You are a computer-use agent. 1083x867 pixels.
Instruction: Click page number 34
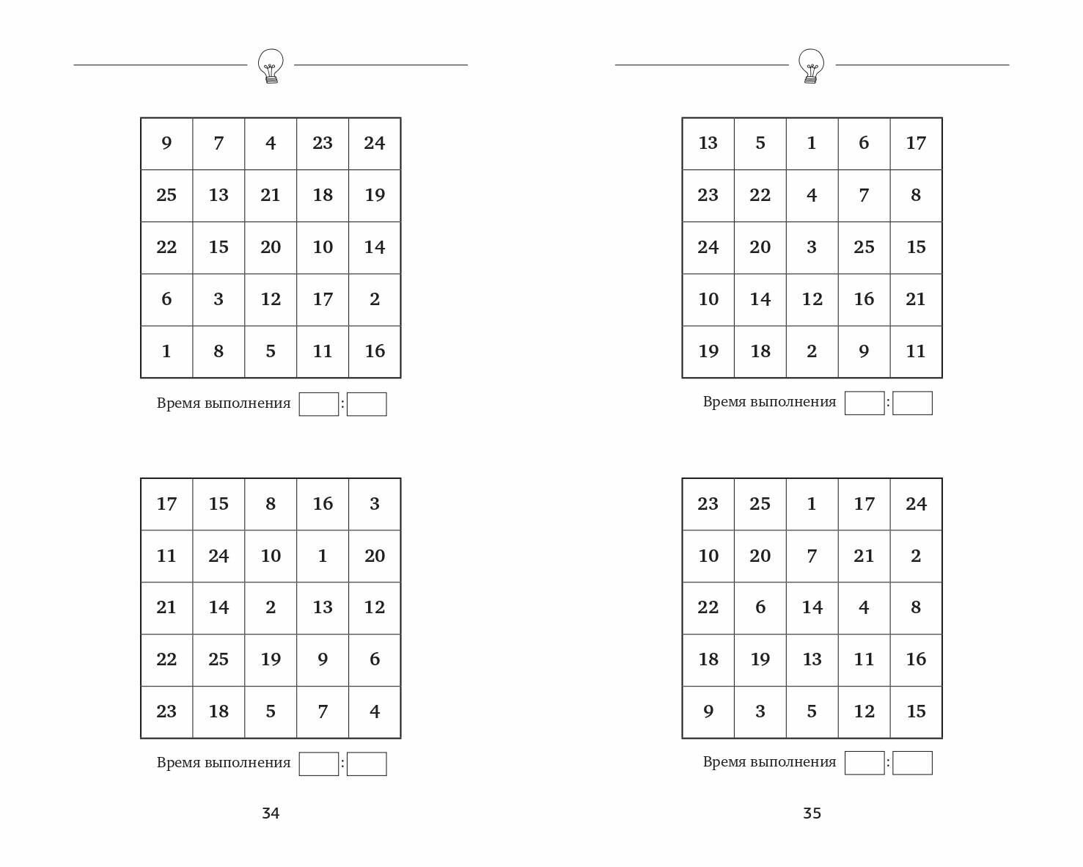click(271, 813)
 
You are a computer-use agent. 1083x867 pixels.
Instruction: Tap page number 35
click(812, 813)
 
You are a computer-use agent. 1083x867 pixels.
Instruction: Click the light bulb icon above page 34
click(271, 66)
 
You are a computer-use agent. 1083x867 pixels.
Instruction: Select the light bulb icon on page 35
click(811, 66)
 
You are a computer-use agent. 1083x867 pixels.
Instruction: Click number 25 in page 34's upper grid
click(166, 195)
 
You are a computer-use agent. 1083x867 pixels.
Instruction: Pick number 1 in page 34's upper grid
click(166, 351)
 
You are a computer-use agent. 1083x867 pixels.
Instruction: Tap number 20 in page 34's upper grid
click(271, 247)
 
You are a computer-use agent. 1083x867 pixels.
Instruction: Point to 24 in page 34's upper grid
click(374, 143)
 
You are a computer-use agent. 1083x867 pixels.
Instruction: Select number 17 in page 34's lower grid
click(166, 504)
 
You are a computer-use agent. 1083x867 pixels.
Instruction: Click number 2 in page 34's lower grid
click(271, 607)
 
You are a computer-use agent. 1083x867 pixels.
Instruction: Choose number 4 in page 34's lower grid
click(374, 711)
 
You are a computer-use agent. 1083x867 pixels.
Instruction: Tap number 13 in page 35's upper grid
click(708, 143)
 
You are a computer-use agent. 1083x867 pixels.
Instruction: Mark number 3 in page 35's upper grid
click(812, 247)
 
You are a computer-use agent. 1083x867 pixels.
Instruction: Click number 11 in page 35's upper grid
click(915, 351)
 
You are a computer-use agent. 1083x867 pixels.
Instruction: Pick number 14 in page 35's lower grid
click(812, 607)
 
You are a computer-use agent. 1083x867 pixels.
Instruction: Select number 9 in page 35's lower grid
click(708, 711)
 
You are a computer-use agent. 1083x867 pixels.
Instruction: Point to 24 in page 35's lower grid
click(915, 504)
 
